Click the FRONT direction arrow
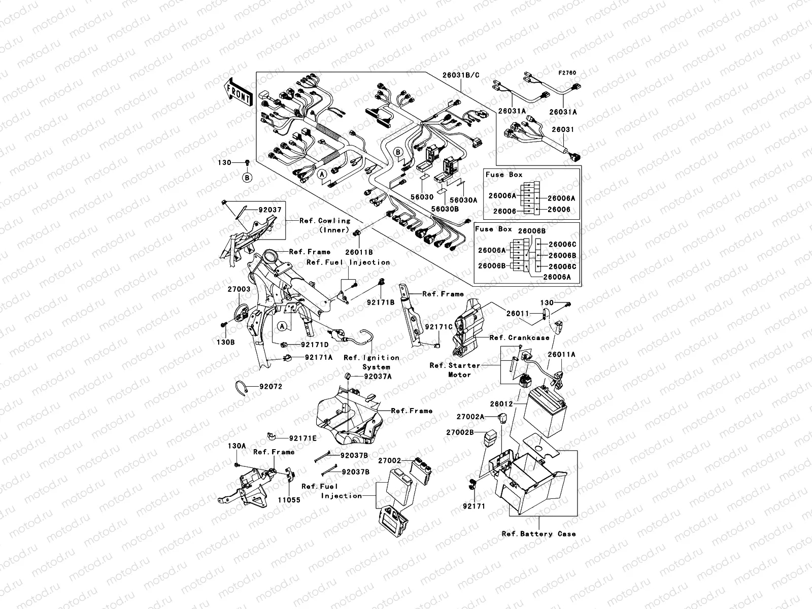239,92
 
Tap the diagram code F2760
568,73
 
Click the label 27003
239,289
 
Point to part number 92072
270,386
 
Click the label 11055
289,499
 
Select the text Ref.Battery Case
538,533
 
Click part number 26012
502,404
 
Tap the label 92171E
302,438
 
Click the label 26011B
359,252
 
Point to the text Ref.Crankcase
519,337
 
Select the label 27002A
470,416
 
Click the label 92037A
378,377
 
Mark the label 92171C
438,327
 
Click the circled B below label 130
247,177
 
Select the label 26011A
561,355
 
